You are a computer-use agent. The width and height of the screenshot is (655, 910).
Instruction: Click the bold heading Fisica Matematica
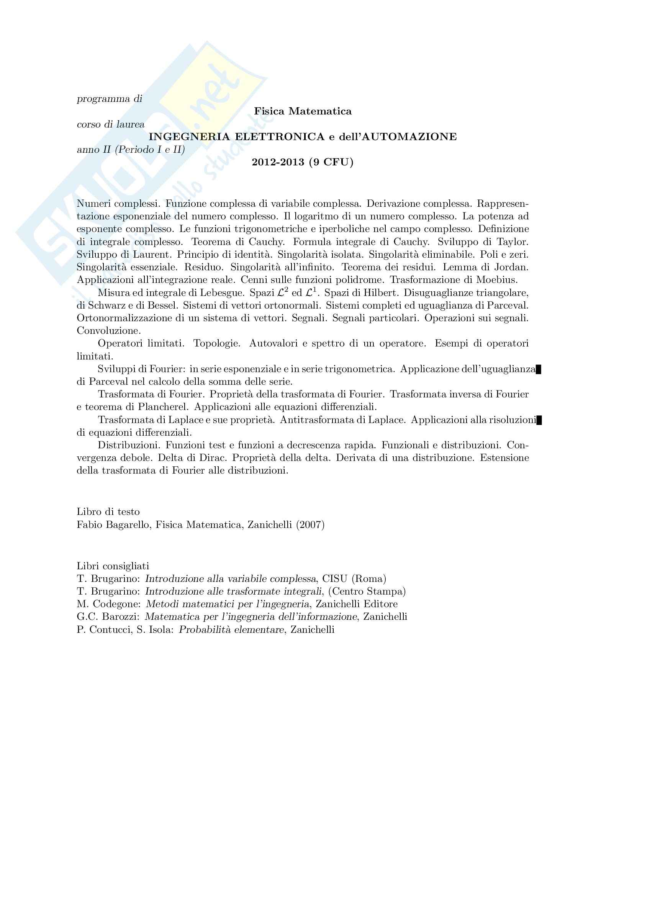click(303, 111)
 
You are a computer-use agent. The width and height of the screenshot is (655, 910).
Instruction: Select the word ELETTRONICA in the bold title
click(279, 137)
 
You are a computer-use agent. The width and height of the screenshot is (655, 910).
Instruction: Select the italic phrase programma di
click(109, 99)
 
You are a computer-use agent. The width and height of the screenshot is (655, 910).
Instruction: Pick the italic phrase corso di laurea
click(110, 124)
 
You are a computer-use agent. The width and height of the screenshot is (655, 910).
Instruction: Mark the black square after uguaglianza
click(539, 369)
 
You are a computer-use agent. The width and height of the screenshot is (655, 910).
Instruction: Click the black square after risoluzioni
click(539, 420)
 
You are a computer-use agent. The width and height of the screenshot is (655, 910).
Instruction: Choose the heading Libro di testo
click(108, 511)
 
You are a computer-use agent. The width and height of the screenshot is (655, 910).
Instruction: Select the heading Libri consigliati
click(113, 566)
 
